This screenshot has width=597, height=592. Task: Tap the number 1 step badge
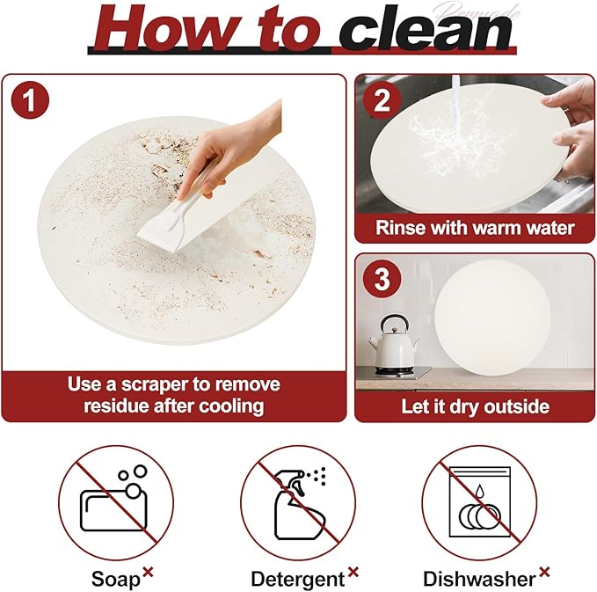(31, 100)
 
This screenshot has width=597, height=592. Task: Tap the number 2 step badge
(382, 100)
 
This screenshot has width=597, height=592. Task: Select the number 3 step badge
(382, 280)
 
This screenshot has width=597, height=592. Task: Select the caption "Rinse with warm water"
(475, 228)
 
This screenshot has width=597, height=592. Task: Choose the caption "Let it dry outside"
(475, 406)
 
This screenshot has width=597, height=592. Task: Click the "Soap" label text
(115, 579)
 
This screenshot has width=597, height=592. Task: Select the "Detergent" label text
(297, 579)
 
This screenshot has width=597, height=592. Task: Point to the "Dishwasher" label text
(479, 579)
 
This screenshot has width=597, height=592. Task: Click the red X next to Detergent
(353, 572)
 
